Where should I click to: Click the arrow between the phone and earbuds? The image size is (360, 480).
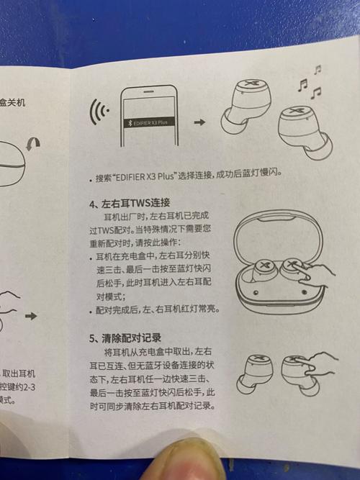point(199,123)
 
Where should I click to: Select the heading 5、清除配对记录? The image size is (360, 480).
point(125,337)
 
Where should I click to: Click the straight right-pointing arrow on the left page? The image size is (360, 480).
point(31,316)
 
